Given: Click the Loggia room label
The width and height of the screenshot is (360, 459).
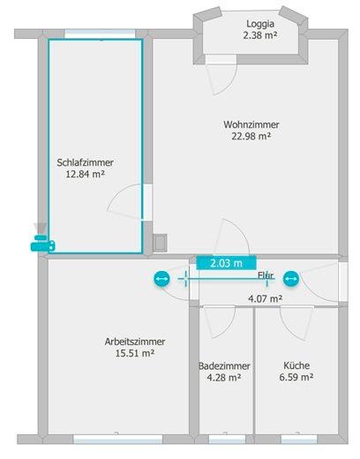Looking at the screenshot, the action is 260,24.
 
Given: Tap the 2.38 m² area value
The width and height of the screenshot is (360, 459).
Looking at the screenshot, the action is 260,35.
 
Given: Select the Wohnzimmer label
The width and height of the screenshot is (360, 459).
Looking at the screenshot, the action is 251,124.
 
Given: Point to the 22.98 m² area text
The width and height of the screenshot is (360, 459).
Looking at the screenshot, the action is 251,136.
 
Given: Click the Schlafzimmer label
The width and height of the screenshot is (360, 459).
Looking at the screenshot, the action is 86,162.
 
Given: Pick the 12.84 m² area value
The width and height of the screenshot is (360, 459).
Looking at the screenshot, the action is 86,174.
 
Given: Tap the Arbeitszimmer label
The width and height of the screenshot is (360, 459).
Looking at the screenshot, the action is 135,342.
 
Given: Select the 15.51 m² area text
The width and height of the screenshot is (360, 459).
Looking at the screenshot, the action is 135,353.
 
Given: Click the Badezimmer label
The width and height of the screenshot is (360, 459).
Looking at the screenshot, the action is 224,366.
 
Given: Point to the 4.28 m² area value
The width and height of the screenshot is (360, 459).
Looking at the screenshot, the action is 224,378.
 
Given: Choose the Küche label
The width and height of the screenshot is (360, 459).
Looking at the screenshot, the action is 296,365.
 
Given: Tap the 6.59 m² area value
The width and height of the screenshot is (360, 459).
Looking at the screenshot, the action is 296,377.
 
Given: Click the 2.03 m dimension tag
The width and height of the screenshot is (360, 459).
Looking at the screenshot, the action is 226,263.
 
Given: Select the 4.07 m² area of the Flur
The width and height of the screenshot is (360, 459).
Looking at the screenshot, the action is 266,299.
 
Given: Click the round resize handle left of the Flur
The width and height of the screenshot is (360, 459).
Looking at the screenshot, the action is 161,279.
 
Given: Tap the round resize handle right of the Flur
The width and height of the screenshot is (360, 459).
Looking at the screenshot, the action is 291,279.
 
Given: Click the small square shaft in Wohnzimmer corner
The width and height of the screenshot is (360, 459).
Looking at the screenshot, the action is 160,243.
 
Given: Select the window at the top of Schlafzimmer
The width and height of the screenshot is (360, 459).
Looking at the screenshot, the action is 100,34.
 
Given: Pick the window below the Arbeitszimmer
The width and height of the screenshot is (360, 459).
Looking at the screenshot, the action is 118,440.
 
